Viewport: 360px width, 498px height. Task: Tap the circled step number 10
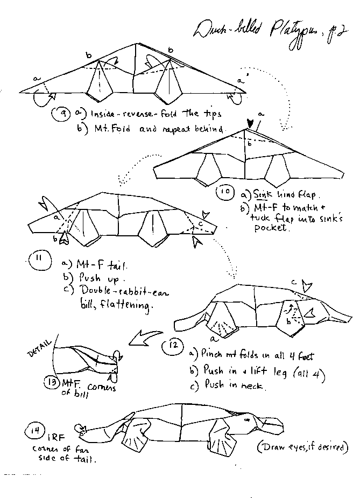(225, 193)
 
